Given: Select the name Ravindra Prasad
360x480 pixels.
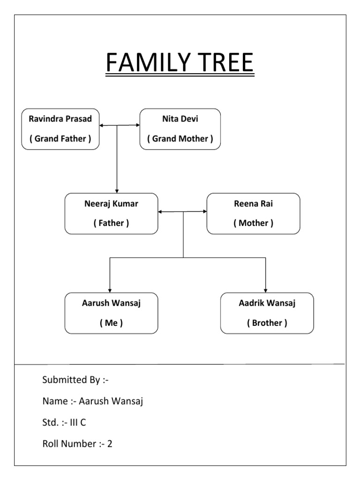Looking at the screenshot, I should [60, 119].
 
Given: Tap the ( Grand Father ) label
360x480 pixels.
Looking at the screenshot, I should [60, 139].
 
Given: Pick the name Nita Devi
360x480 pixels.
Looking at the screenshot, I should [180, 119].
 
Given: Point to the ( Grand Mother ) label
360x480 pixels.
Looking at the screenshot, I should [180, 139].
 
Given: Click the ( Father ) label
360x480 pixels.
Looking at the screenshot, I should [111, 223].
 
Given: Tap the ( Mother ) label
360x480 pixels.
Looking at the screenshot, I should [253, 223].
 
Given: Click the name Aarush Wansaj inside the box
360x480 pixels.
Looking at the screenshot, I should [111, 303].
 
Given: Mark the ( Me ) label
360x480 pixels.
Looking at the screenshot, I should [111, 323].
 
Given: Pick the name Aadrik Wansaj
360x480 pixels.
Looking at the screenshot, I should [267, 303].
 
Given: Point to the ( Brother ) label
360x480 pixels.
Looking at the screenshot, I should [267, 323].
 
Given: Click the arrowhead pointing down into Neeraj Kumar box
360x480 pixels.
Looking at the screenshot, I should [117, 190].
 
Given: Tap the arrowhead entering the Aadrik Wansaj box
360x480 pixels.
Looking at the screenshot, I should [266, 290].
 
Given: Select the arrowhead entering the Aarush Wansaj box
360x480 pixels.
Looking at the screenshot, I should [110, 290].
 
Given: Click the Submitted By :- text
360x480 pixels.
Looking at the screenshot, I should [75, 380].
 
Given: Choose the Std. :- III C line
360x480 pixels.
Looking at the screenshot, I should [64, 422].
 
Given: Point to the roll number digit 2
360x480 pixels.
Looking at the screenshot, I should [110, 443].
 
